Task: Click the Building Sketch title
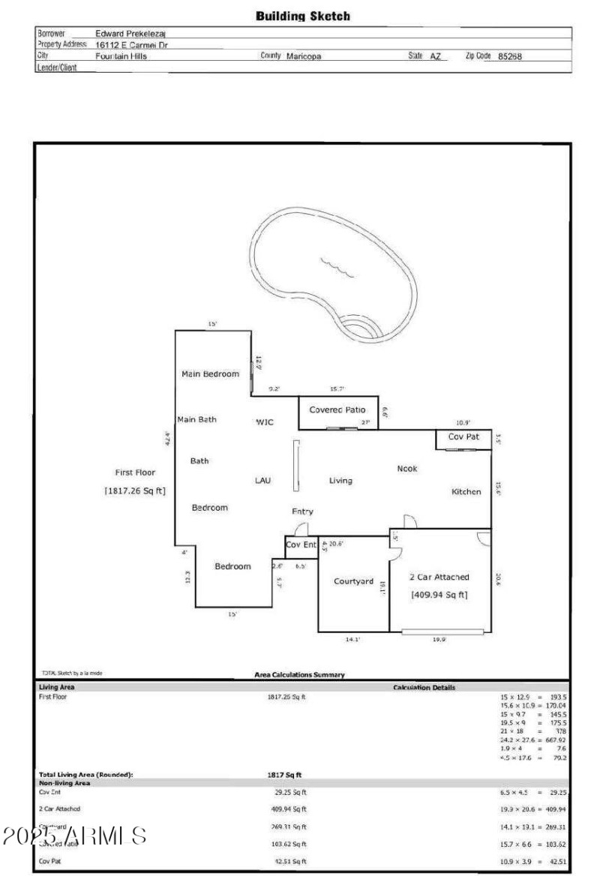click(303, 16)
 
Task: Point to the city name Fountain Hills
click(121, 56)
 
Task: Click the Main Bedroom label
click(211, 373)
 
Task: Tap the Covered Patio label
click(337, 410)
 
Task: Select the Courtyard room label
click(353, 581)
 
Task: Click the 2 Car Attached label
click(439, 577)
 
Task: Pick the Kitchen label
click(466, 492)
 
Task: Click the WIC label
click(265, 422)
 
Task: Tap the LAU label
click(262, 480)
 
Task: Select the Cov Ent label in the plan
click(301, 544)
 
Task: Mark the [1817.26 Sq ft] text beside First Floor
click(135, 490)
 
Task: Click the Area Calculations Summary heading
click(300, 675)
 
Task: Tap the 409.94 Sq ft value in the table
click(289, 809)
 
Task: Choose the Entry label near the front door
click(302, 511)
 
